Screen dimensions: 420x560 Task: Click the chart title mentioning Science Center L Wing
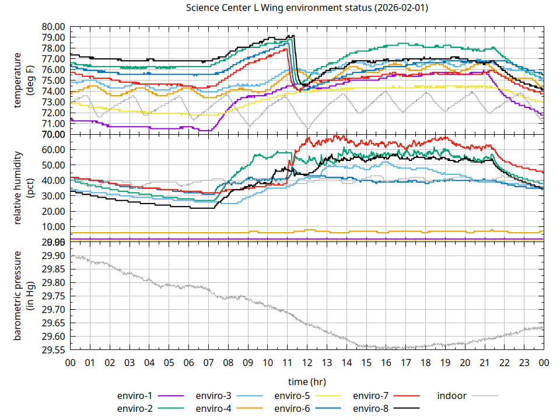307,8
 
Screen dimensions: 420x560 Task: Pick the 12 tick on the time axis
307,362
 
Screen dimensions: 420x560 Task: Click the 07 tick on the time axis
208,362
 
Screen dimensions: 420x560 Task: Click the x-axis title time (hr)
307,381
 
